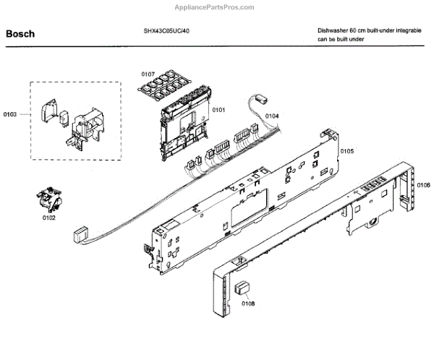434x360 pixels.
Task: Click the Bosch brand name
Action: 20,33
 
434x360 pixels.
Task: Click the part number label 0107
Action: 148,74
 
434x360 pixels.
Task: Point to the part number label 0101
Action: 218,110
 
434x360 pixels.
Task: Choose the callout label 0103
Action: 10,114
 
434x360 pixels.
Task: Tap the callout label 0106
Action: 423,186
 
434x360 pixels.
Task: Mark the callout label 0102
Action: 48,217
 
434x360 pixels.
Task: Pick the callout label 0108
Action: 248,304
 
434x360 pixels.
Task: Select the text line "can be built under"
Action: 341,40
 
